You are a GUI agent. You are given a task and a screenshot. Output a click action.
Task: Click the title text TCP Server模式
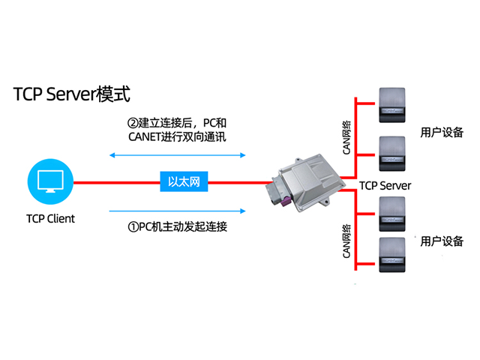click(x=72, y=94)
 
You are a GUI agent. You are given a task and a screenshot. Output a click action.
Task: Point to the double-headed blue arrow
click(x=178, y=155)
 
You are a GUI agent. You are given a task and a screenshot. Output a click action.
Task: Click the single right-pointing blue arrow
click(x=178, y=211)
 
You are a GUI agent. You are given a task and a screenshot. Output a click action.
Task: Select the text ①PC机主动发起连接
click(x=178, y=226)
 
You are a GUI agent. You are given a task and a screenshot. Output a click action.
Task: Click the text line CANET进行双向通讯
click(x=178, y=137)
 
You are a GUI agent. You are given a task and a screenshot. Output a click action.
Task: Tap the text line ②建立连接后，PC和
click(x=178, y=122)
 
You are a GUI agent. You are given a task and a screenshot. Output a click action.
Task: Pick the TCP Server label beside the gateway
click(x=385, y=185)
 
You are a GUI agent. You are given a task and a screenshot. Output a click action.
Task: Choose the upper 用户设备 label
click(x=442, y=132)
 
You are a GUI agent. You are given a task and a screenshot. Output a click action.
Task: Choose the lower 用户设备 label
click(x=442, y=241)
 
